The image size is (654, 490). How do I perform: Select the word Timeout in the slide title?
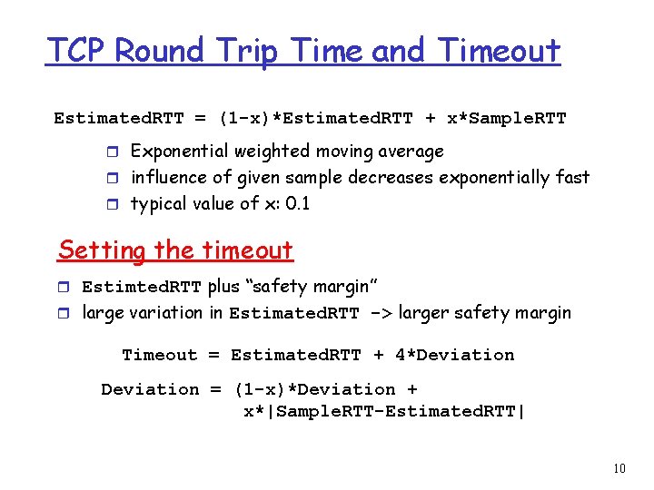[500, 51]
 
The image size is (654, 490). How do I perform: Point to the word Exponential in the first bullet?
[181, 151]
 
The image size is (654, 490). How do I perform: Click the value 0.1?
[298, 203]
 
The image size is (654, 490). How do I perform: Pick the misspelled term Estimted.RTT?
[142, 287]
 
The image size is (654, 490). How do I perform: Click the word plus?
[223, 287]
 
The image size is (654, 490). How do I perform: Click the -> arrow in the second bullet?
[379, 314]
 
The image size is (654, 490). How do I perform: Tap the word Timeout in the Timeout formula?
[159, 355]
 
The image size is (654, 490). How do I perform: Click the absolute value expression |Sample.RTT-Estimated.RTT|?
[384, 411]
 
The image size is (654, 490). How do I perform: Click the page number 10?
[619, 469]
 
